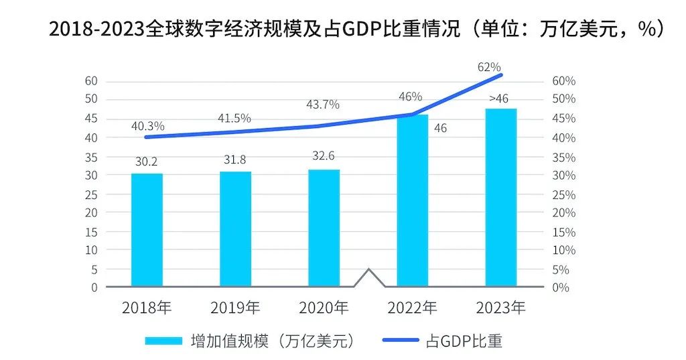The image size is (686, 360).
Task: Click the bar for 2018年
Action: tap(147, 230)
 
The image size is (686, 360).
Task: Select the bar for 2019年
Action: tap(235, 229)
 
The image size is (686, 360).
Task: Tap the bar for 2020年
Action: tap(324, 228)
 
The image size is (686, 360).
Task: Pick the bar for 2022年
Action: tap(412, 200)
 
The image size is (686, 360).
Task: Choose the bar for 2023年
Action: tap(500, 197)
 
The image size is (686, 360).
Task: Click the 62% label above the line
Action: tap(490, 66)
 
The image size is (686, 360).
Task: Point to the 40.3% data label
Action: tap(148, 125)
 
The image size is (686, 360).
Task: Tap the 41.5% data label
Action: tap(234, 118)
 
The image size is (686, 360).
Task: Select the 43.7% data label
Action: tap(323, 105)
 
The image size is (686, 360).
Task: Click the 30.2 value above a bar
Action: tap(146, 162)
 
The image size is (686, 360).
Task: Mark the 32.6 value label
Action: tap(323, 156)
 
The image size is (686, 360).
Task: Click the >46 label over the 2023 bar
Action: tap(498, 99)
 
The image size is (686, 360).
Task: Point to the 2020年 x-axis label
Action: tap(324, 308)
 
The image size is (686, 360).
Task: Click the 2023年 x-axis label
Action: tap(500, 308)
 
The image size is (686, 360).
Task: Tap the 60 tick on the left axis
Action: tap(90, 81)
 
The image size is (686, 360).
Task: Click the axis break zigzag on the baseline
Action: tap(368, 277)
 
